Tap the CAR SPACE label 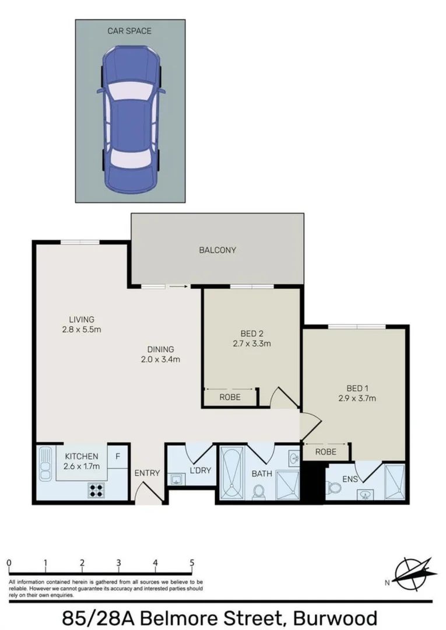130,30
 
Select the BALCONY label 217,250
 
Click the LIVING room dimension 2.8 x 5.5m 82,330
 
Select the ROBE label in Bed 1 326,452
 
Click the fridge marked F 118,457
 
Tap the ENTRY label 147,473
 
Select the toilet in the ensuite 333,487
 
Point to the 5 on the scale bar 192,563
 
